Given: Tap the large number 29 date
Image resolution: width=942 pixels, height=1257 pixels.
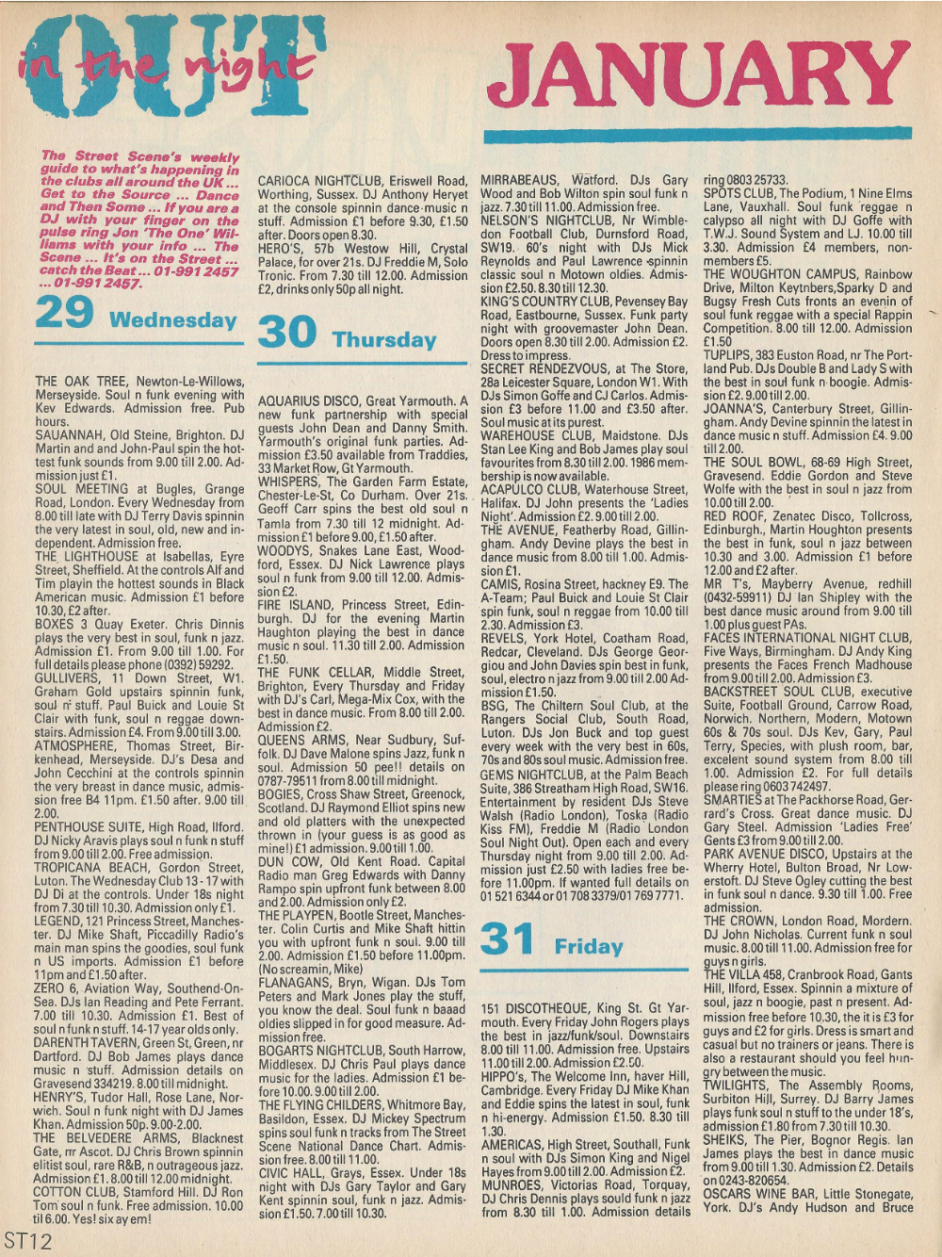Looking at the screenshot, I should [x=64, y=313].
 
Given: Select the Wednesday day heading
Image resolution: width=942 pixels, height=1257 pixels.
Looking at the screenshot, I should [x=172, y=319].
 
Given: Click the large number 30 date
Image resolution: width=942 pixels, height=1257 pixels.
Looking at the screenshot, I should [x=286, y=333].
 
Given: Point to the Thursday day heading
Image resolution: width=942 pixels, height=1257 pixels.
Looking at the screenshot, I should [x=383, y=339].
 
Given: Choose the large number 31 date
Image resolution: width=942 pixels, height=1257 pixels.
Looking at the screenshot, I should [x=509, y=939].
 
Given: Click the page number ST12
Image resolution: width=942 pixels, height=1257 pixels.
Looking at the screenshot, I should [x=27, y=1240].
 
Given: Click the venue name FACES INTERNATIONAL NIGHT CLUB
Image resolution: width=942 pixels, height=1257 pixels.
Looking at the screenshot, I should [x=807, y=637].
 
